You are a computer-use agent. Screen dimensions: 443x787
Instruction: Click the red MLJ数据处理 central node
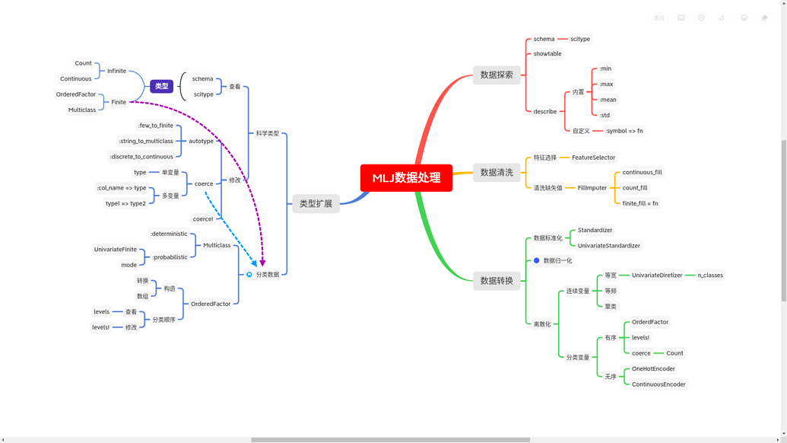(406, 178)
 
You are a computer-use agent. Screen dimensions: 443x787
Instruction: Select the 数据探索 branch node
(497, 75)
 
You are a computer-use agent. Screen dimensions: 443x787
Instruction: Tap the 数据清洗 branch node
(497, 173)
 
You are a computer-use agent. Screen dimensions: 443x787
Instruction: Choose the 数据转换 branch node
(497, 281)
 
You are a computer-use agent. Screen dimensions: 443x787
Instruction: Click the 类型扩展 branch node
(316, 204)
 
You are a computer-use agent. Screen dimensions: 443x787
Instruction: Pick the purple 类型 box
(162, 86)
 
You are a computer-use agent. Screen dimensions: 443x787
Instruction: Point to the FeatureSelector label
(593, 158)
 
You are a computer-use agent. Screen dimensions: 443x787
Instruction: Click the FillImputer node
(592, 188)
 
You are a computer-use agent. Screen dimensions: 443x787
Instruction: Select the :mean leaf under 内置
(608, 100)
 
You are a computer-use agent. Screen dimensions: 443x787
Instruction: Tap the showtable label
(547, 54)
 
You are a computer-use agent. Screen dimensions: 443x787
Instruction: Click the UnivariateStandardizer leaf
(608, 246)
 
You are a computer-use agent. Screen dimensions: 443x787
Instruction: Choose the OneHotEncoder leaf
(653, 369)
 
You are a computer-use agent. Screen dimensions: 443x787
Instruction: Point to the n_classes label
(710, 276)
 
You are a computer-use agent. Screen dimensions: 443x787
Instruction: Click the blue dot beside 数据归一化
(536, 260)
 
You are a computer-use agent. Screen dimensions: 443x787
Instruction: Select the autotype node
(202, 141)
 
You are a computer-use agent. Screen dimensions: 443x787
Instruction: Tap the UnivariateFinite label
(116, 250)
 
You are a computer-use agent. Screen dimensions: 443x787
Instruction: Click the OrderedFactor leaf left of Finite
(76, 94)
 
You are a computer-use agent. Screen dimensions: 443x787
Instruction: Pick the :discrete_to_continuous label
(141, 157)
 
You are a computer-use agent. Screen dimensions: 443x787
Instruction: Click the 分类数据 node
(268, 275)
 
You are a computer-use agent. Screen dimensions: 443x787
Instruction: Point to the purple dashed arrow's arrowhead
(262, 263)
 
